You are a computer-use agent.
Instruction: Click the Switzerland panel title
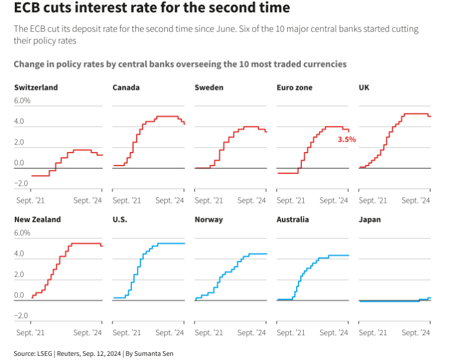[36, 87]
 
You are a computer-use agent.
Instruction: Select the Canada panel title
[126, 87]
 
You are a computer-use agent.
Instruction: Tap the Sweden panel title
[209, 87]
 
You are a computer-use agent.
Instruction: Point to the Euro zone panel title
[294, 87]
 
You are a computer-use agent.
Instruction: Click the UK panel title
[364, 87]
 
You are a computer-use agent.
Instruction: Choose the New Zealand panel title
[37, 220]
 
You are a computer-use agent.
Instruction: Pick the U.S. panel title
[121, 220]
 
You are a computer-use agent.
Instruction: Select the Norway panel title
[209, 220]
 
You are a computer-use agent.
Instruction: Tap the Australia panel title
[293, 220]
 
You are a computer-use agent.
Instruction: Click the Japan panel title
[370, 220]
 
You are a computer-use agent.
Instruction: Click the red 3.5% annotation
[346, 140]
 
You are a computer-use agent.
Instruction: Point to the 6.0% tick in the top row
[22, 101]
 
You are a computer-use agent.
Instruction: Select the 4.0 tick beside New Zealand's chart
[19, 254]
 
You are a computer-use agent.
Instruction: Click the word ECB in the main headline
[29, 8]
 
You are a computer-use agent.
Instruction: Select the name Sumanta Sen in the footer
[155, 353]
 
